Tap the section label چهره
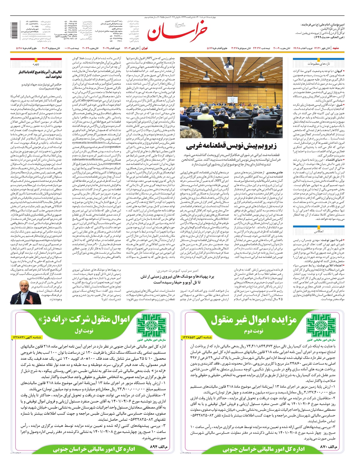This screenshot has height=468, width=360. point(36,64)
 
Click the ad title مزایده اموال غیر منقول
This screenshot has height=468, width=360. point(253,320)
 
